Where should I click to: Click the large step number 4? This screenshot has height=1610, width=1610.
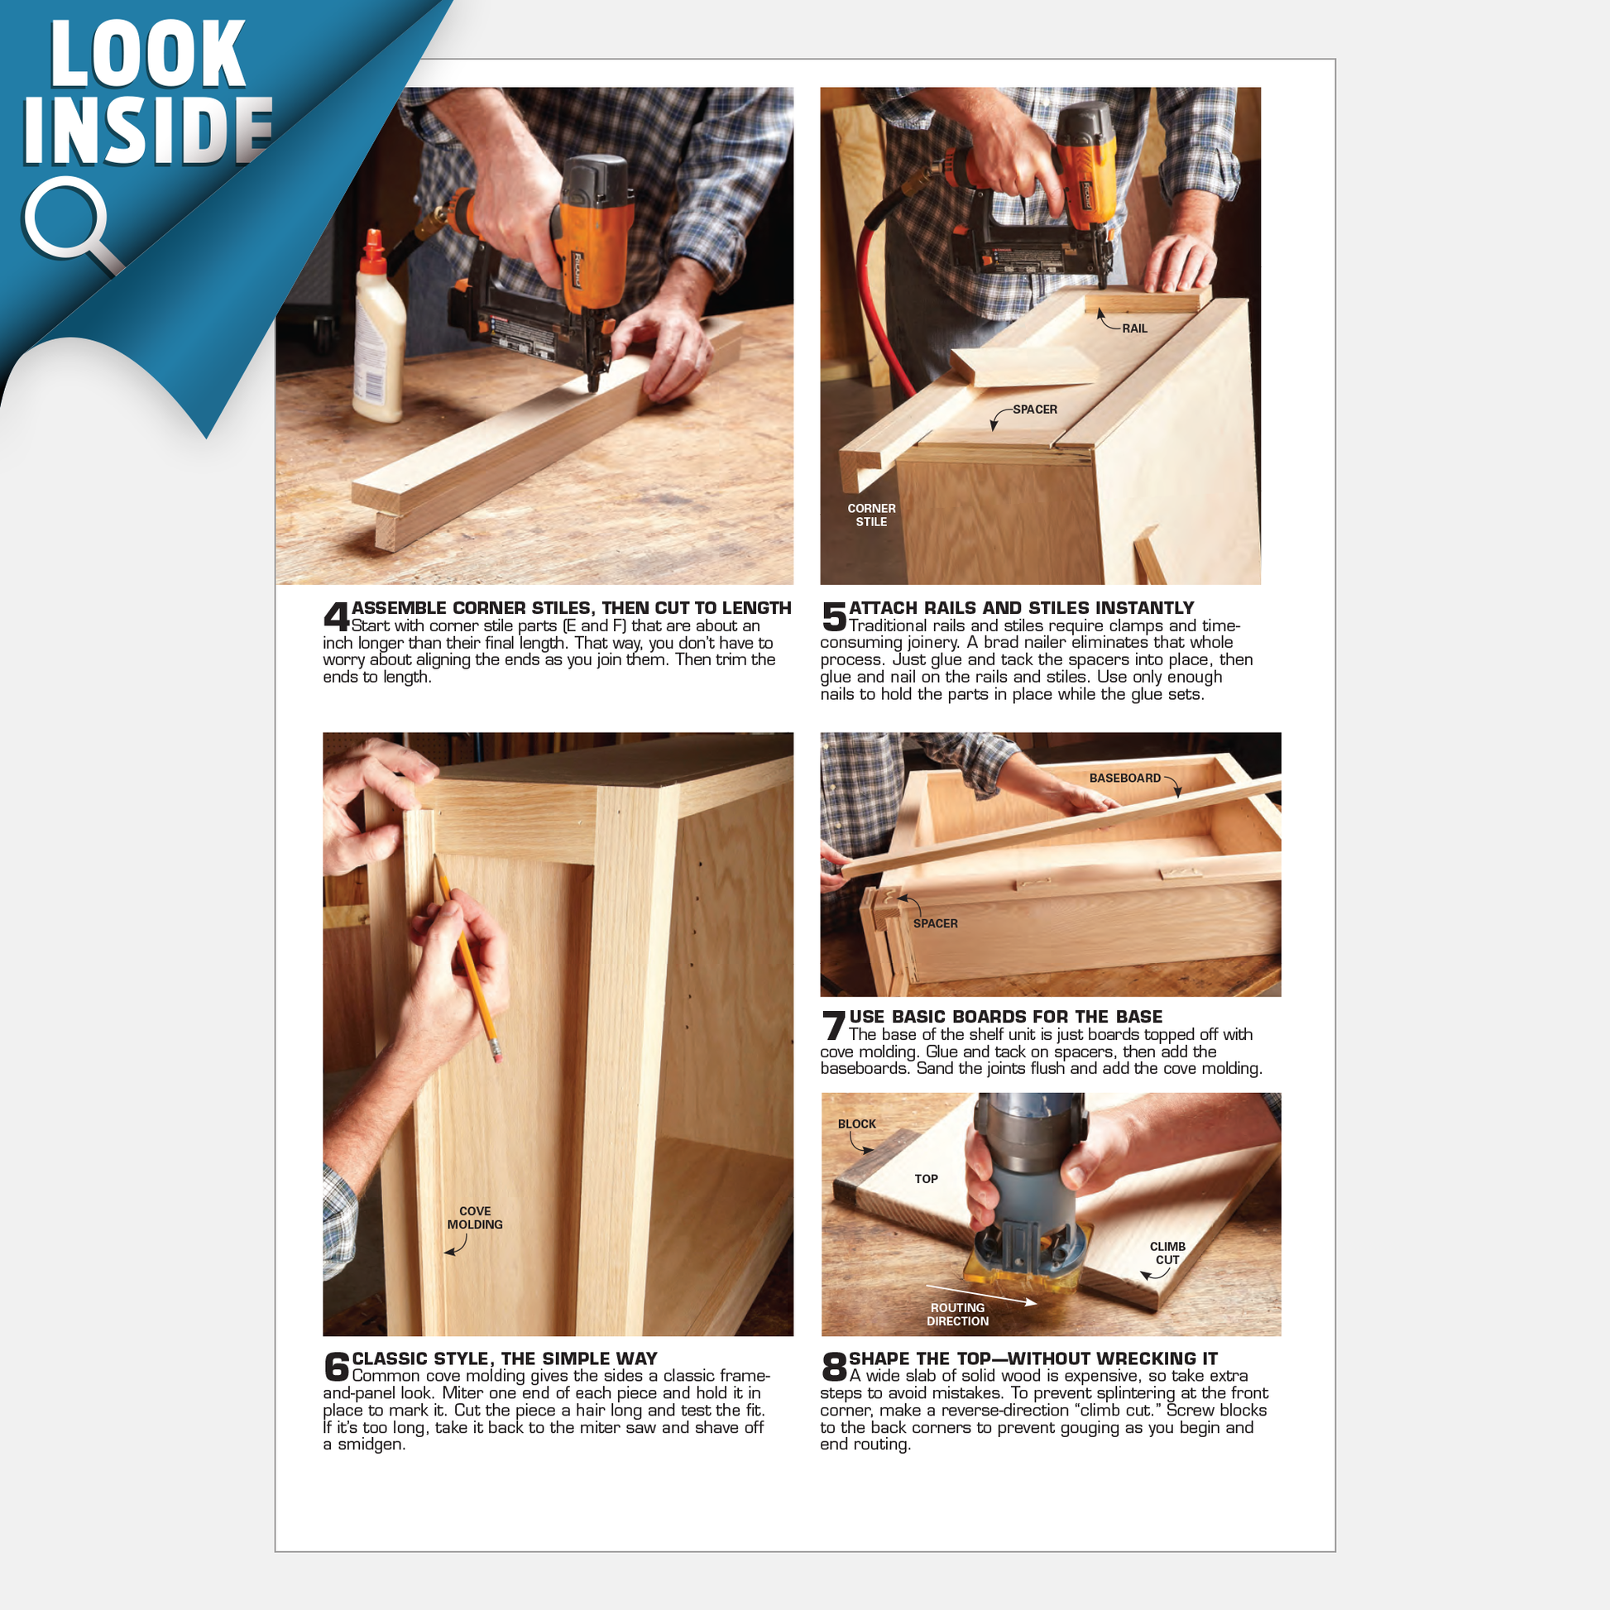[x=337, y=617]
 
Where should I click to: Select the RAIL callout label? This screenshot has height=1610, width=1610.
[x=1134, y=328]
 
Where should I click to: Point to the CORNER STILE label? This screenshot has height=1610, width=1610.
[x=871, y=515]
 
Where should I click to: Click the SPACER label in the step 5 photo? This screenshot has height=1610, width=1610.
[x=1035, y=410]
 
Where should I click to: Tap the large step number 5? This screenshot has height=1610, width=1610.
[x=834, y=617]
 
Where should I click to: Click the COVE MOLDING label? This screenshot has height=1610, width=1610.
[x=474, y=1218]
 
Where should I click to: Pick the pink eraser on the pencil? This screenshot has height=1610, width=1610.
[x=496, y=1055]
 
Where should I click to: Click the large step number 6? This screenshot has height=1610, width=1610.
[x=337, y=1368]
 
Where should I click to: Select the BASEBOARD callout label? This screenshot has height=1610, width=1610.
[x=1125, y=778]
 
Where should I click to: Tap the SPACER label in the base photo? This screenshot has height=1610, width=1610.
[x=935, y=923]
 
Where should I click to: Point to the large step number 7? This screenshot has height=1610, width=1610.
[x=834, y=1026]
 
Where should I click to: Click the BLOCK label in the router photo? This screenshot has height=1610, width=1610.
[x=856, y=1124]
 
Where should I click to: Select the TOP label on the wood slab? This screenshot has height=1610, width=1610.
[x=926, y=1179]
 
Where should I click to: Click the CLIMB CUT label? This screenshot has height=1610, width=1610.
[x=1167, y=1253]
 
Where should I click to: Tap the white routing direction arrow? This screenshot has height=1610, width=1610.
[x=982, y=1294]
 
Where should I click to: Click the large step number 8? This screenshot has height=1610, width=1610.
[x=834, y=1368]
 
